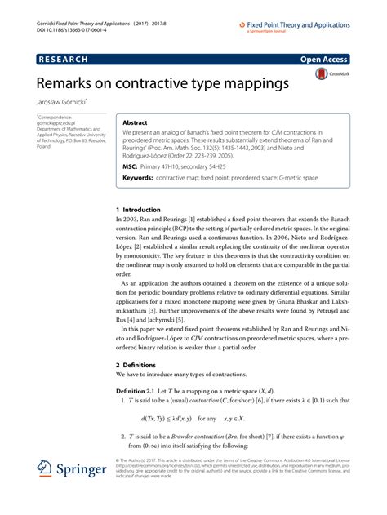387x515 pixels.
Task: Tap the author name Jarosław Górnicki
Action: [63, 104]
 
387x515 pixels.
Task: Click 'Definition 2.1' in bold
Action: [143, 415]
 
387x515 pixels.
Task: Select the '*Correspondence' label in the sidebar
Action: [56, 118]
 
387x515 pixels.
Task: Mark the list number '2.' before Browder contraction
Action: [120, 461]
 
